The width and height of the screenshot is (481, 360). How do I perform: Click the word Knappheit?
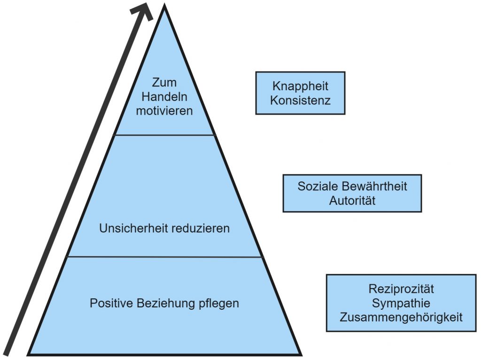(x=300, y=86)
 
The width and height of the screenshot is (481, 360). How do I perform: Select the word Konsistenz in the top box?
(x=300, y=101)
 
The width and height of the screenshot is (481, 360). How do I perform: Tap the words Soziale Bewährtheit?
(x=352, y=186)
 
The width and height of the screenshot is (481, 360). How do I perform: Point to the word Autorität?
(x=352, y=201)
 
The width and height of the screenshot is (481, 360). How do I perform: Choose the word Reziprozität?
(x=401, y=289)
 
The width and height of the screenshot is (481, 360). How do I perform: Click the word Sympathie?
(x=401, y=303)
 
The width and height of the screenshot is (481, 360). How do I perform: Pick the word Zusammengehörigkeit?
(x=401, y=317)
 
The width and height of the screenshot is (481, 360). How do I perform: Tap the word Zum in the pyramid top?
(x=164, y=83)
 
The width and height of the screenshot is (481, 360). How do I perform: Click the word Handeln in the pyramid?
(x=164, y=97)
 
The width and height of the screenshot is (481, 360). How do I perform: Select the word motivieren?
(x=164, y=111)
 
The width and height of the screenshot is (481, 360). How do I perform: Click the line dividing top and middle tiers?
(x=164, y=135)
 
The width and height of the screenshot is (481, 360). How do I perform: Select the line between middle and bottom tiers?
(x=164, y=257)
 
